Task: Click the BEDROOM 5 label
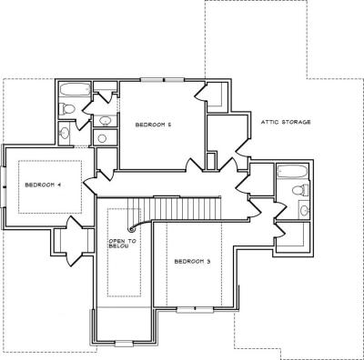click(153, 125)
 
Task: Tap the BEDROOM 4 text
click(43, 185)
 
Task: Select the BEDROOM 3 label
click(192, 261)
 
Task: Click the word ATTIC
click(270, 122)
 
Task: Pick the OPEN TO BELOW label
click(123, 244)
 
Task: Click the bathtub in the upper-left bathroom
click(75, 89)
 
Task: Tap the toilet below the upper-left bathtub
click(66, 109)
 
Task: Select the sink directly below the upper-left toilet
click(65, 133)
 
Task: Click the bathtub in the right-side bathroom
click(292, 172)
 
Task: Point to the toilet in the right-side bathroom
click(300, 190)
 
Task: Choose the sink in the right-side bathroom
click(304, 209)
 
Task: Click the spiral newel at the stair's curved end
click(131, 229)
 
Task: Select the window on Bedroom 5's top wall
click(163, 80)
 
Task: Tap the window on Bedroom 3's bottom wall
click(196, 310)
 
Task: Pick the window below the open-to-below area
click(124, 344)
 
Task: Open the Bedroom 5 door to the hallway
click(193, 165)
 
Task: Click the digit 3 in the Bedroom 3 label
click(208, 261)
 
